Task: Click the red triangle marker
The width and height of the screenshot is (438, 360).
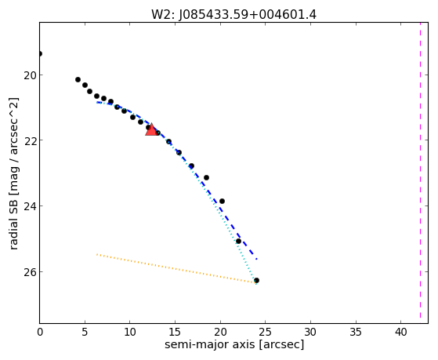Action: coord(151,129)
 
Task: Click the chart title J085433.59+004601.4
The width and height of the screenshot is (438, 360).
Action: coord(248,15)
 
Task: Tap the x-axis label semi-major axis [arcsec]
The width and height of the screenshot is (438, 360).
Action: coord(234,344)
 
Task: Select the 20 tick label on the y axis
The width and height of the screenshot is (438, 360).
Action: coord(30,75)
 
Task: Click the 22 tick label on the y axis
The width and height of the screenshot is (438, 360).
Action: coord(30,140)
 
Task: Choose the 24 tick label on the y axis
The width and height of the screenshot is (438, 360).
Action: coord(30,206)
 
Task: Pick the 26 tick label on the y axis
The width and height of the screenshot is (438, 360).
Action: coord(30,272)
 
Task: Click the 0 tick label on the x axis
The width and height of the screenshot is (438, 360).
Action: coord(40,332)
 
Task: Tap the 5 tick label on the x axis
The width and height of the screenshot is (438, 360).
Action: coord(85,332)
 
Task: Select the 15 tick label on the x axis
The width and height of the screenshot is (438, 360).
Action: coord(175,332)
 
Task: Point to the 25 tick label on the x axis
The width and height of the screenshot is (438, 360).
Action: coord(265,332)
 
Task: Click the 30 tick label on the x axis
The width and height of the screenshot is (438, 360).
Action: coord(310,332)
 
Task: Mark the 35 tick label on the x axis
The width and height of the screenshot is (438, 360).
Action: coord(356,332)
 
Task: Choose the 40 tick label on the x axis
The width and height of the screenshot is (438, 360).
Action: coord(400,332)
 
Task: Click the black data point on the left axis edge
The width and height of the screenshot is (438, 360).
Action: coord(40,53)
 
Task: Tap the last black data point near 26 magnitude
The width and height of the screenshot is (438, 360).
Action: coord(256,280)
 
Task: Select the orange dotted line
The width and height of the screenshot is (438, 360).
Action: coord(176,268)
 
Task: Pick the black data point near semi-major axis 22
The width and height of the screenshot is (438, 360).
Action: coord(238,241)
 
